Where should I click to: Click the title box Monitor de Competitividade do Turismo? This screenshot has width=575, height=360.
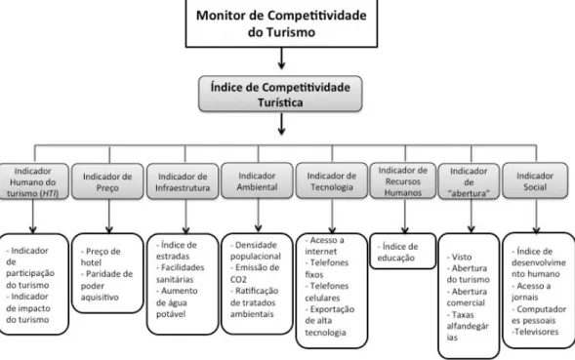click(281, 23)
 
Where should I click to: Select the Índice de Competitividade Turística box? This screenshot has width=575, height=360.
click(280, 94)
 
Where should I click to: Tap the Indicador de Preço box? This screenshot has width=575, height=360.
click(107, 181)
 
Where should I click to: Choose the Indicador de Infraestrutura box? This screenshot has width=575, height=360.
click(183, 181)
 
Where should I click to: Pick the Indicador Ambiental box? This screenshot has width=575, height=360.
click(257, 180)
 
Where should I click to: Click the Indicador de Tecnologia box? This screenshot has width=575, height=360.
click(332, 180)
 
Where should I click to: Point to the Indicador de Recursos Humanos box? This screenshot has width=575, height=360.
click(402, 181)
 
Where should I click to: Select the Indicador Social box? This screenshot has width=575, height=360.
click(535, 180)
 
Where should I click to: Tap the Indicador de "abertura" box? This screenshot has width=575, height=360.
click(469, 181)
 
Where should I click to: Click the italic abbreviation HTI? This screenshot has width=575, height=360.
click(50, 193)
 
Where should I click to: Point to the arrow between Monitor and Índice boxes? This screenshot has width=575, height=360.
click(281, 59)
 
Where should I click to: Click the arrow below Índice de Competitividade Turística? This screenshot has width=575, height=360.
click(281, 124)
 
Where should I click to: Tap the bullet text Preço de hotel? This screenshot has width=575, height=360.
click(101, 257)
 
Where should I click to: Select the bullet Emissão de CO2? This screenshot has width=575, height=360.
click(255, 273)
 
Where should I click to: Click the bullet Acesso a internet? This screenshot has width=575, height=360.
click(324, 246)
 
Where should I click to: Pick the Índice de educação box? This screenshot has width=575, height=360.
click(402, 251)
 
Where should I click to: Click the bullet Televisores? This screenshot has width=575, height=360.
click(535, 332)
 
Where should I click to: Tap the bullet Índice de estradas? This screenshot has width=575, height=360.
click(177, 251)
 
